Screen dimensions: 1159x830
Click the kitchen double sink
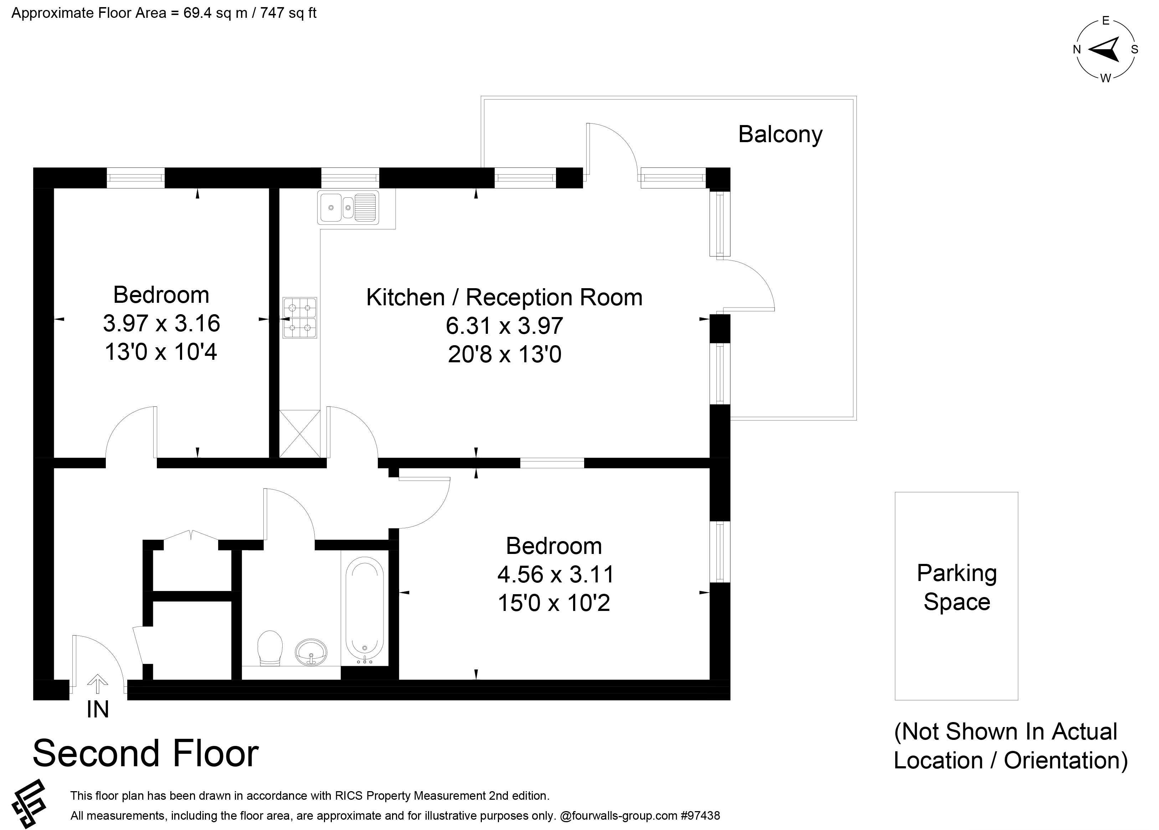coord(348,207)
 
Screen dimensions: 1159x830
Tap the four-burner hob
coord(300,318)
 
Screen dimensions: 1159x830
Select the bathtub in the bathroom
coord(364,610)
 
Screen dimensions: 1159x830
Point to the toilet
coord(271,648)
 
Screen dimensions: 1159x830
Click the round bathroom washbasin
coord(311,652)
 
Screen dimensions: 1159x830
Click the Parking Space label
coord(957,587)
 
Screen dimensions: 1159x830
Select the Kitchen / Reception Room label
coord(504,297)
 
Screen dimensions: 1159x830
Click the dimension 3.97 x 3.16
coord(161,323)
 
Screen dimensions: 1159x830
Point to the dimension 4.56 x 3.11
coord(556,575)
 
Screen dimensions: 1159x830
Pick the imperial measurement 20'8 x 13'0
coord(504,354)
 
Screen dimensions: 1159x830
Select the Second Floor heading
coord(146,754)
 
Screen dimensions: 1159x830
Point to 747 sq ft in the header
coord(288,13)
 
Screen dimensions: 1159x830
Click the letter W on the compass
coord(1105,78)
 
